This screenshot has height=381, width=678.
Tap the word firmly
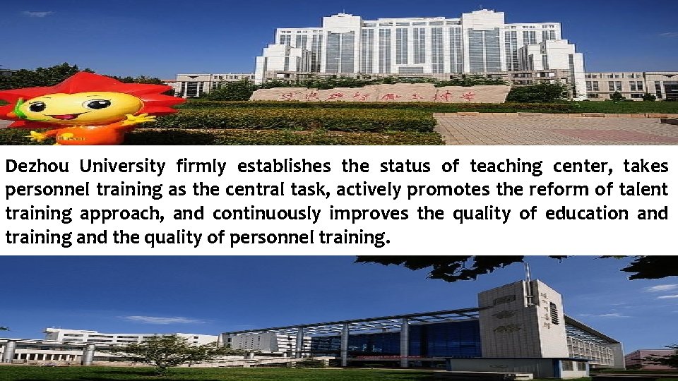click(x=201, y=167)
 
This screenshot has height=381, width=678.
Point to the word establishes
click(x=283, y=167)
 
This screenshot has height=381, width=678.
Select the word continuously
click(x=266, y=214)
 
